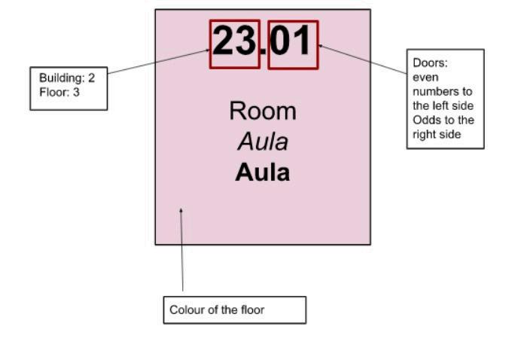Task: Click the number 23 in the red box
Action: point(235,41)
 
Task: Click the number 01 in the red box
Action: point(292,41)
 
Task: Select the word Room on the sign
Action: point(263,111)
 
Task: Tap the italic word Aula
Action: point(263,142)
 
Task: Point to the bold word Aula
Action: point(263,172)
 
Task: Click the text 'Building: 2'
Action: point(67,78)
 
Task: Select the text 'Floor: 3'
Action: point(59,92)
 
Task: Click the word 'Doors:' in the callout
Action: point(430,63)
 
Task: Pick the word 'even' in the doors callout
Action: point(425,77)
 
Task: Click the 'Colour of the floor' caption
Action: point(217,310)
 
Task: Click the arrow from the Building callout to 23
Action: point(158,63)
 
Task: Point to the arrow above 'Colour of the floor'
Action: point(181,249)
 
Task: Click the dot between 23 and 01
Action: point(264,53)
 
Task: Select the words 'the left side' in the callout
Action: point(443,105)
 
